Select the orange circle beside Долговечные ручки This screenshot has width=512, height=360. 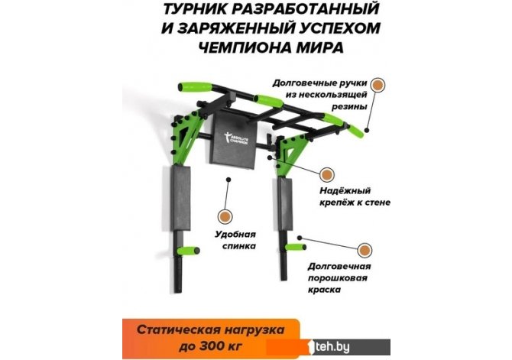click(x=378, y=85)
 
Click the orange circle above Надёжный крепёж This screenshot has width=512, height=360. click(x=326, y=175)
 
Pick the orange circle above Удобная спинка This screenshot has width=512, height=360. click(x=225, y=216)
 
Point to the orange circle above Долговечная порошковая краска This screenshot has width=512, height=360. click(x=365, y=251)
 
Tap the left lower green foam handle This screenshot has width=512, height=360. click(x=188, y=251)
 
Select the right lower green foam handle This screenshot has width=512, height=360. click(x=295, y=247)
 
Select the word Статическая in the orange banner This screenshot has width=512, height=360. click(x=178, y=329)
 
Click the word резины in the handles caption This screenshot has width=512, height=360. click(x=350, y=107)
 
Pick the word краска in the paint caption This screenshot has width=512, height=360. click(x=325, y=290)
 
